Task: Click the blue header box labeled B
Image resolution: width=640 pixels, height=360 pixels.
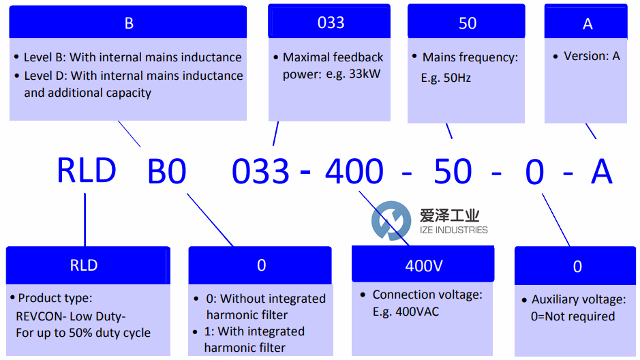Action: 128,22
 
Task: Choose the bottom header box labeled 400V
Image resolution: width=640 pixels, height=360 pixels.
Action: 423,265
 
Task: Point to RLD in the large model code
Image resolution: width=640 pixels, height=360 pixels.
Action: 87,170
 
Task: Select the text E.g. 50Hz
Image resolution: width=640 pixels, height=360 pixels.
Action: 446,78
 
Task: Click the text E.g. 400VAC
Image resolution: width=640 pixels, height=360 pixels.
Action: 406,312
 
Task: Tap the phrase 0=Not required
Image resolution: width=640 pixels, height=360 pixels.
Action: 573,316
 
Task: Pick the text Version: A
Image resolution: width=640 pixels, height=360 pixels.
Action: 592,56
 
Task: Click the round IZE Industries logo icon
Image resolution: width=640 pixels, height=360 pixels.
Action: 391,221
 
